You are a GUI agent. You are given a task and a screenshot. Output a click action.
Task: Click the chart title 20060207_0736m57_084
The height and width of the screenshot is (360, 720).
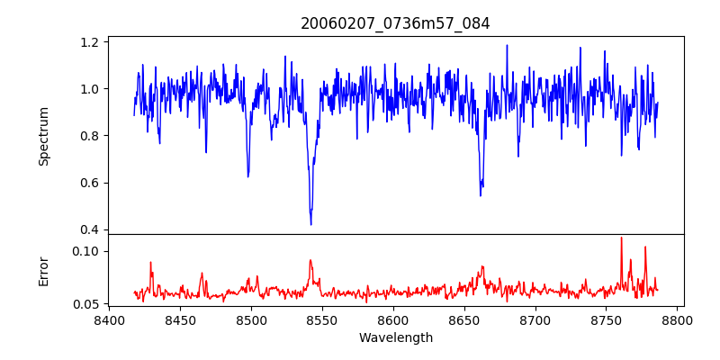tap(395, 23)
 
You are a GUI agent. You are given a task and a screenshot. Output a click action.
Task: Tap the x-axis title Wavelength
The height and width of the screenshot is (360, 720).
tap(395, 338)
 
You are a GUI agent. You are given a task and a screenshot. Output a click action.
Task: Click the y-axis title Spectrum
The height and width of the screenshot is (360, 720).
tap(44, 136)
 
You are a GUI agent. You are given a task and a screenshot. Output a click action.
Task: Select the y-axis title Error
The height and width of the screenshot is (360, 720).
tap(44, 270)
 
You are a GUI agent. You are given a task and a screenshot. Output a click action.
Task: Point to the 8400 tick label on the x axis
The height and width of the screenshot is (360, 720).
tap(109, 319)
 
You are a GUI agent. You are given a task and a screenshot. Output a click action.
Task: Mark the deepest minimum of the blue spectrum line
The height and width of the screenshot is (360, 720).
tap(310, 225)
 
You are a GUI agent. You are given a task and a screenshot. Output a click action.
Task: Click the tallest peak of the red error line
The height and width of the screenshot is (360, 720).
tap(621, 238)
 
